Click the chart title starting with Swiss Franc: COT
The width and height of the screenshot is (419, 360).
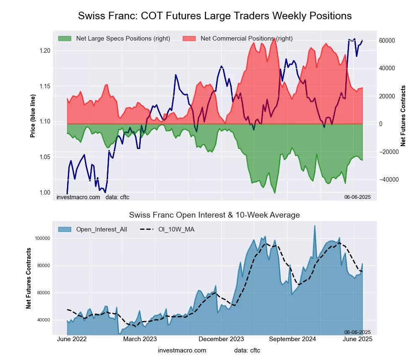[x=215, y=16]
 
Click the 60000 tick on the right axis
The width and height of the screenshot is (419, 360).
[x=388, y=41]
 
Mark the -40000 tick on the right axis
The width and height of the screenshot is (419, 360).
[x=388, y=180]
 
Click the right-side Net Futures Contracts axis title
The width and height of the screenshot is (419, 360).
[x=403, y=116]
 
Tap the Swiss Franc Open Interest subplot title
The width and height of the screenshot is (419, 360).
[x=215, y=215]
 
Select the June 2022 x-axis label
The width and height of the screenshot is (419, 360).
[x=71, y=339]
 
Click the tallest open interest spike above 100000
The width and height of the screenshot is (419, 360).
[x=315, y=226]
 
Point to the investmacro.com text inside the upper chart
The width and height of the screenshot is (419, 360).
[x=78, y=197]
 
